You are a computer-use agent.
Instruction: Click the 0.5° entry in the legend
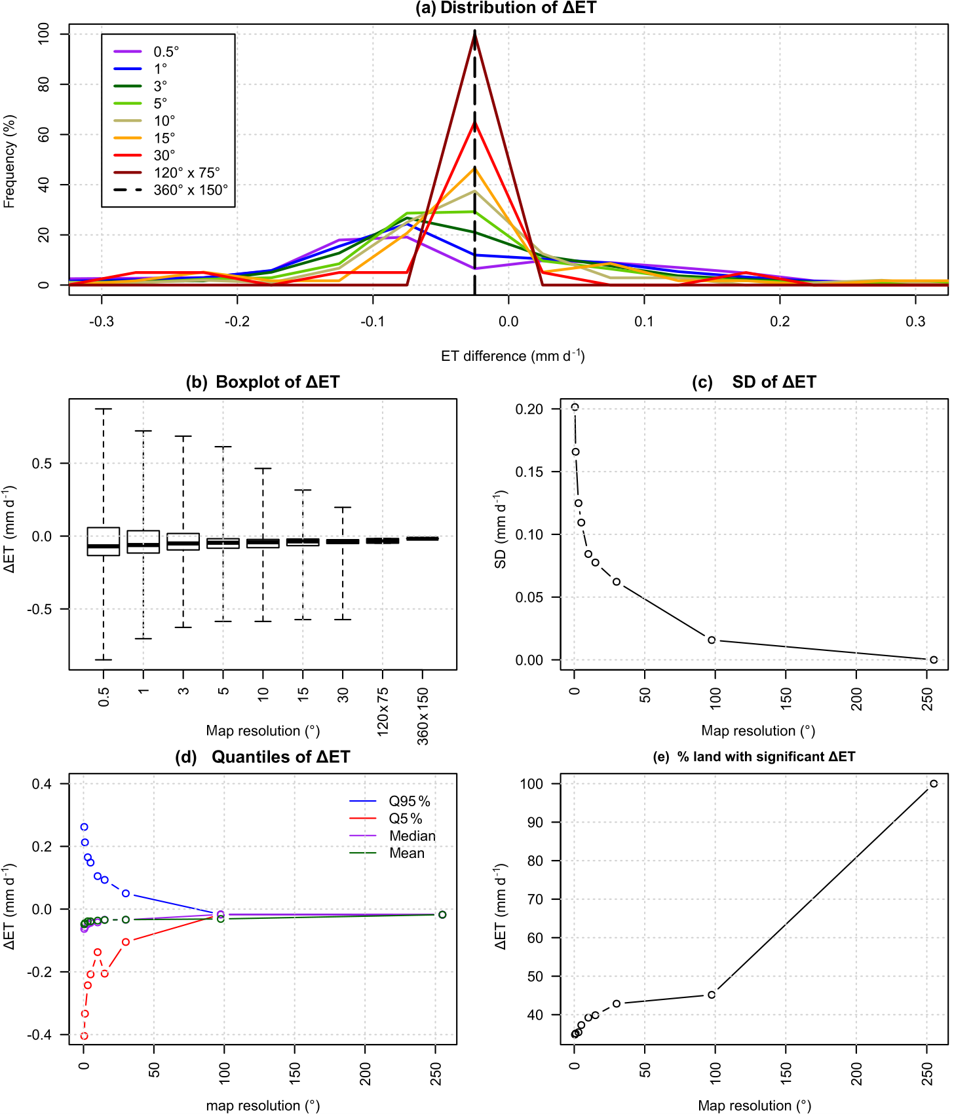click(x=166, y=52)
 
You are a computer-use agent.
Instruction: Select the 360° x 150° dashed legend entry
click(x=190, y=191)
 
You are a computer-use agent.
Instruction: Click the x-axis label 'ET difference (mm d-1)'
click(x=512, y=356)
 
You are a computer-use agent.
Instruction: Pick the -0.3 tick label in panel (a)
click(x=101, y=322)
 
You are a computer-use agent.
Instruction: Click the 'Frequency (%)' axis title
click(x=9, y=162)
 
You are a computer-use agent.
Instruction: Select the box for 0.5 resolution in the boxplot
click(x=104, y=542)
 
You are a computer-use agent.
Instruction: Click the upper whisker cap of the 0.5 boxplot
click(x=104, y=409)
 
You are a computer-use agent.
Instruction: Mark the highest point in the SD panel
click(x=575, y=407)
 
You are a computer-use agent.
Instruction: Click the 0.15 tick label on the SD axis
click(x=529, y=472)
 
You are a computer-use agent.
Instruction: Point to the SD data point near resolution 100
click(x=712, y=640)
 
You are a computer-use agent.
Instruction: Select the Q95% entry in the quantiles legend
click(x=409, y=802)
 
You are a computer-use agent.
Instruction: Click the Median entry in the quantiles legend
click(x=411, y=836)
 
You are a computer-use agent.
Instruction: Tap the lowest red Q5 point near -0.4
click(x=84, y=1036)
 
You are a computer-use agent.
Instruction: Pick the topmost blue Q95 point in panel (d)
click(x=84, y=827)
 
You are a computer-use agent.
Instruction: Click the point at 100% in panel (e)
click(x=934, y=784)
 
